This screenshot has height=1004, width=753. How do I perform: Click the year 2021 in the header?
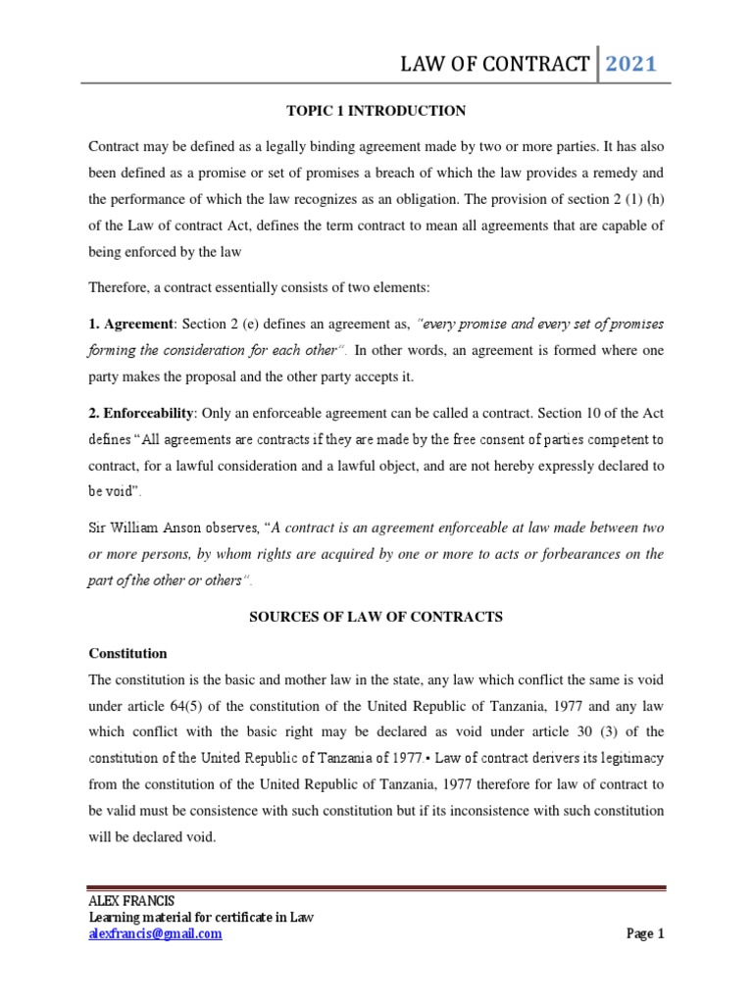pyautogui.click(x=631, y=65)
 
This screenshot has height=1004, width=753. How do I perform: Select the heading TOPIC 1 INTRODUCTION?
pyautogui.click(x=376, y=111)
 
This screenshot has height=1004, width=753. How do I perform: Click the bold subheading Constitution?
pyautogui.click(x=127, y=653)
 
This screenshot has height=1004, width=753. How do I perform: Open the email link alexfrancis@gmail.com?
pyautogui.click(x=155, y=934)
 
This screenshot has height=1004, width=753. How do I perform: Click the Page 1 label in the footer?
pyautogui.click(x=645, y=934)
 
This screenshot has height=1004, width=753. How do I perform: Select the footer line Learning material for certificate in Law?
pyautogui.click(x=201, y=918)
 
